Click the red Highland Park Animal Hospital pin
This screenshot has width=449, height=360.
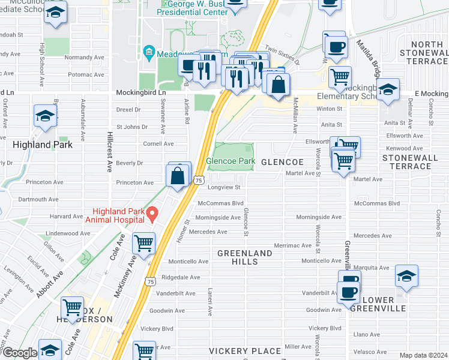[x=153, y=213]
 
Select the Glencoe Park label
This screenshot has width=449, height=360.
[x=231, y=161]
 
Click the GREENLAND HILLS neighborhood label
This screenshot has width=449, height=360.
[x=245, y=257]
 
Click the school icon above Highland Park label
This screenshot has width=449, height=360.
[x=45, y=116]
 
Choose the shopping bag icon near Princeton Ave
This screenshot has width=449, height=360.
[x=178, y=177]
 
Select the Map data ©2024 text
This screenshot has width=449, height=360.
[x=423, y=355]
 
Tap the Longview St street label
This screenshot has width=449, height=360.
[x=224, y=187]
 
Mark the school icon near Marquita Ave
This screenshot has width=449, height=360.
[x=406, y=277]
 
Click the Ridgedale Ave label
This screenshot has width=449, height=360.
[x=176, y=277]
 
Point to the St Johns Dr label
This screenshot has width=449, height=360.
[x=132, y=127]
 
